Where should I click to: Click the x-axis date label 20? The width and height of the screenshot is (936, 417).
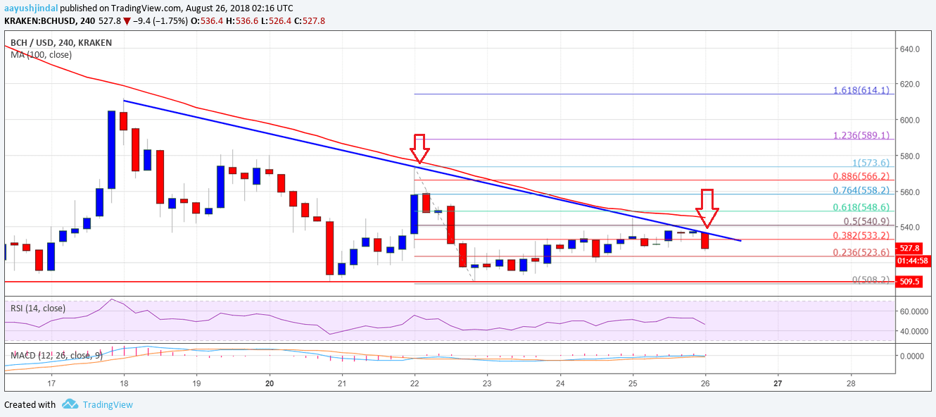[x=270, y=385]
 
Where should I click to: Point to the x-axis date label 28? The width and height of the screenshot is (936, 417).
[x=850, y=385]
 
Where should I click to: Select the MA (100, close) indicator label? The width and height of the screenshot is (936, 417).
[x=38, y=54]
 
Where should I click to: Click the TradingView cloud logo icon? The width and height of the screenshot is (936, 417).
[x=70, y=404]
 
